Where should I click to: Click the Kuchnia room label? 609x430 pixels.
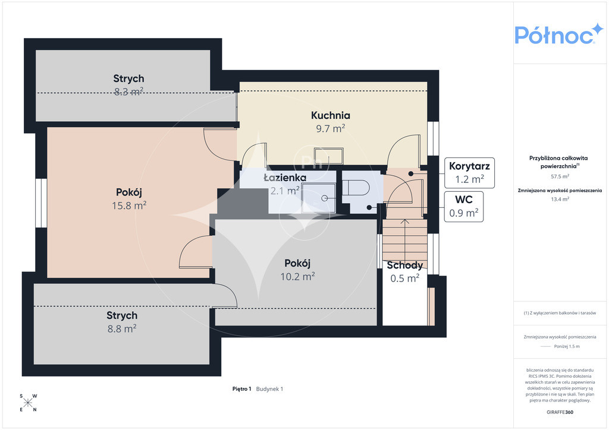(331, 115)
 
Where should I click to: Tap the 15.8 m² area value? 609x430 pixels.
(129, 205)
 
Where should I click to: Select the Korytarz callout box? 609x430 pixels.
(470, 173)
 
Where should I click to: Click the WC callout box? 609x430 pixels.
(464, 207)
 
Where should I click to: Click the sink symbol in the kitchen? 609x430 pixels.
(328, 156)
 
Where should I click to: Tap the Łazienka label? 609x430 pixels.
(285, 178)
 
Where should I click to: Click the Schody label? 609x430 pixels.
(404, 265)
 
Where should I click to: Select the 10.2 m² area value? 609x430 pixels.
(297, 276)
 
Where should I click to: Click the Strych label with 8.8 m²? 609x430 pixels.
(122, 315)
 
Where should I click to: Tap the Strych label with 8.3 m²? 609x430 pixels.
(128, 78)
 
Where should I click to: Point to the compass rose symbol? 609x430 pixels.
(28, 403)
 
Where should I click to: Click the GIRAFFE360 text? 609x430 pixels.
(560, 412)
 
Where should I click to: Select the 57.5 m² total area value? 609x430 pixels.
(560, 176)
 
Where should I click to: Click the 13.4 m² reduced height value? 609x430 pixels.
(560, 200)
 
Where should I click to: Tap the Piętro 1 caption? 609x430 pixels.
(242, 389)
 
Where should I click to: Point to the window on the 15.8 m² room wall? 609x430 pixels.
(41, 203)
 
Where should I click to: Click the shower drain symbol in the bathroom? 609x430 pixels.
(324, 198)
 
